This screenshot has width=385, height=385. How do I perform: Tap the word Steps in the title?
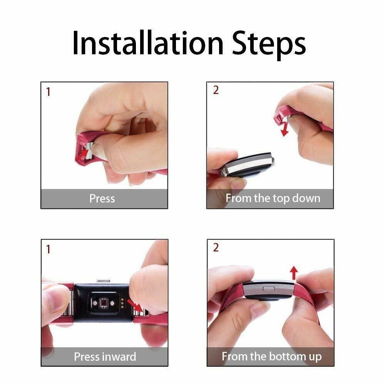[268, 43]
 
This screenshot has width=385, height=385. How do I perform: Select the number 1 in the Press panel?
[48, 92]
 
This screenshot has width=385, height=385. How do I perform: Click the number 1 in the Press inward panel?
[48, 249]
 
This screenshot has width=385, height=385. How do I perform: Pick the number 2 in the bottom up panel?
[216, 248]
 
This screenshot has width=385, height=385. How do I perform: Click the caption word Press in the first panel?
[102, 199]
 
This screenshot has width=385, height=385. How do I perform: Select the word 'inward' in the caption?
[121, 357]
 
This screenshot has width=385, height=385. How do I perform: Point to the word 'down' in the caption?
[306, 199]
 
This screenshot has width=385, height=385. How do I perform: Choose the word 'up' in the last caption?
[314, 357]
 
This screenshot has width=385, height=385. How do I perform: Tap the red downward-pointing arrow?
[285, 129]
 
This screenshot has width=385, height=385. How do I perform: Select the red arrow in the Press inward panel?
[134, 306]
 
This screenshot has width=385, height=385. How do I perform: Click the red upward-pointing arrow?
[294, 273]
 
